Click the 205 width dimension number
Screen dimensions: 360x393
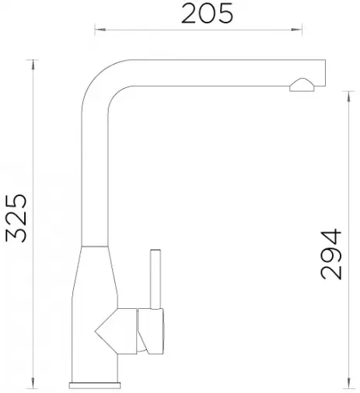point(207,14)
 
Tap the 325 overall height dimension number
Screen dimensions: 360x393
point(16,218)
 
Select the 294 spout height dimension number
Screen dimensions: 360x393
point(331,254)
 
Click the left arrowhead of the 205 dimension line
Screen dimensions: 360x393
point(100,30)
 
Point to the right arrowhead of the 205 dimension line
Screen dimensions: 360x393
point(296,30)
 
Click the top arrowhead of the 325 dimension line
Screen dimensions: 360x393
point(33,65)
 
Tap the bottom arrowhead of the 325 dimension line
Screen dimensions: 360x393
point(33,384)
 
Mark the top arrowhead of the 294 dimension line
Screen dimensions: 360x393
point(348,96)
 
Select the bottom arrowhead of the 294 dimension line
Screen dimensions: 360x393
point(348,384)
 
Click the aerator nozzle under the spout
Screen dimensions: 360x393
point(302,85)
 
